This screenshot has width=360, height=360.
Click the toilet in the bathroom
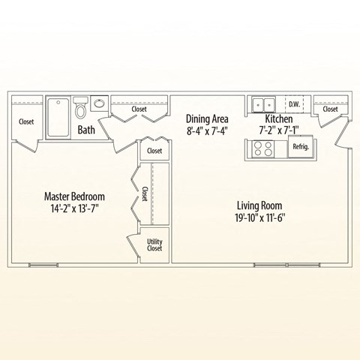coord(81,111)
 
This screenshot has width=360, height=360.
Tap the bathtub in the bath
coord(57,116)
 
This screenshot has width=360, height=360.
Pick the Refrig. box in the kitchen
coord(301,147)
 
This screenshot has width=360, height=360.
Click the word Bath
coord(86,130)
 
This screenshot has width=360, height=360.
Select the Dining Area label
coord(207,118)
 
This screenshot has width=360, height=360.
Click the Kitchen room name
coord(278,118)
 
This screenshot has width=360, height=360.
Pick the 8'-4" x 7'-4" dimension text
coord(207,130)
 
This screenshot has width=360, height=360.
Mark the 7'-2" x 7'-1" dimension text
coord(278,130)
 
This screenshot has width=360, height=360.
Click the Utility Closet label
coord(154,244)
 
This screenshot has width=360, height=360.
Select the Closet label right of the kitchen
coord(330,109)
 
